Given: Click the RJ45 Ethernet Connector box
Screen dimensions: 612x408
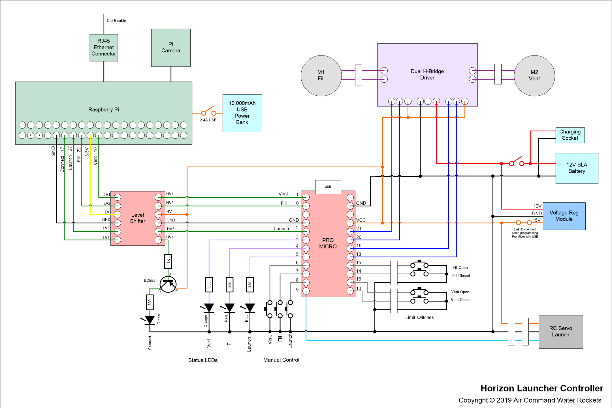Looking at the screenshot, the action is (x=104, y=48).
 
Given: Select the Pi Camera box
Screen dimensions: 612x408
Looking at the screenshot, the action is (x=171, y=48).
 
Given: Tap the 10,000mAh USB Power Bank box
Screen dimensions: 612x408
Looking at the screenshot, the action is (x=242, y=113).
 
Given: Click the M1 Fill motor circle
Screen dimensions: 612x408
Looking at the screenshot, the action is (x=321, y=76).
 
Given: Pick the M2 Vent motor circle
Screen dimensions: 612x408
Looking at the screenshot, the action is (x=534, y=76).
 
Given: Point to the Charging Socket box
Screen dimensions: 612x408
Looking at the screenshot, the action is (x=570, y=135).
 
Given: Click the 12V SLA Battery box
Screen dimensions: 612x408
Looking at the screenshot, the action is (x=577, y=168).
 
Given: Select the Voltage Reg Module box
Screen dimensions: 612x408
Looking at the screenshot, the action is (x=564, y=216).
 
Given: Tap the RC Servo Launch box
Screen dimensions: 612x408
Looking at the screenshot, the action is (x=561, y=332).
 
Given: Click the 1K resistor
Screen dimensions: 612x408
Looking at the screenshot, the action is (x=168, y=261).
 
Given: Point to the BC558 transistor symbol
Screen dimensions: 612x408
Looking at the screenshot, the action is (x=168, y=284).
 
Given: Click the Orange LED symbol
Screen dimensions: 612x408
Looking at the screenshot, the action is (x=209, y=308).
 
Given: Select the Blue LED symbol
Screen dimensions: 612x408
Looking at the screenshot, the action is (x=250, y=308).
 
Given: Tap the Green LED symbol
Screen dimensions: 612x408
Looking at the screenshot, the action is (x=150, y=320).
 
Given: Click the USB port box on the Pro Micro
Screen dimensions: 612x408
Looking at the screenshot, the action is (x=328, y=187).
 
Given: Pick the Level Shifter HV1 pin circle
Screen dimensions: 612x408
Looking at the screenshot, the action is (x=158, y=197).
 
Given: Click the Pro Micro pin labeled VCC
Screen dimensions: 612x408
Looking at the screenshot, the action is (x=350, y=223).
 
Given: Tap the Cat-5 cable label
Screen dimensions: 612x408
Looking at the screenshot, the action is (x=116, y=21).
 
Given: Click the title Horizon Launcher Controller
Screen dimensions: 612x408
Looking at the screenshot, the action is (x=542, y=388).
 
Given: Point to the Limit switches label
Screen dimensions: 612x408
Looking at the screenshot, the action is (x=419, y=317).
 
